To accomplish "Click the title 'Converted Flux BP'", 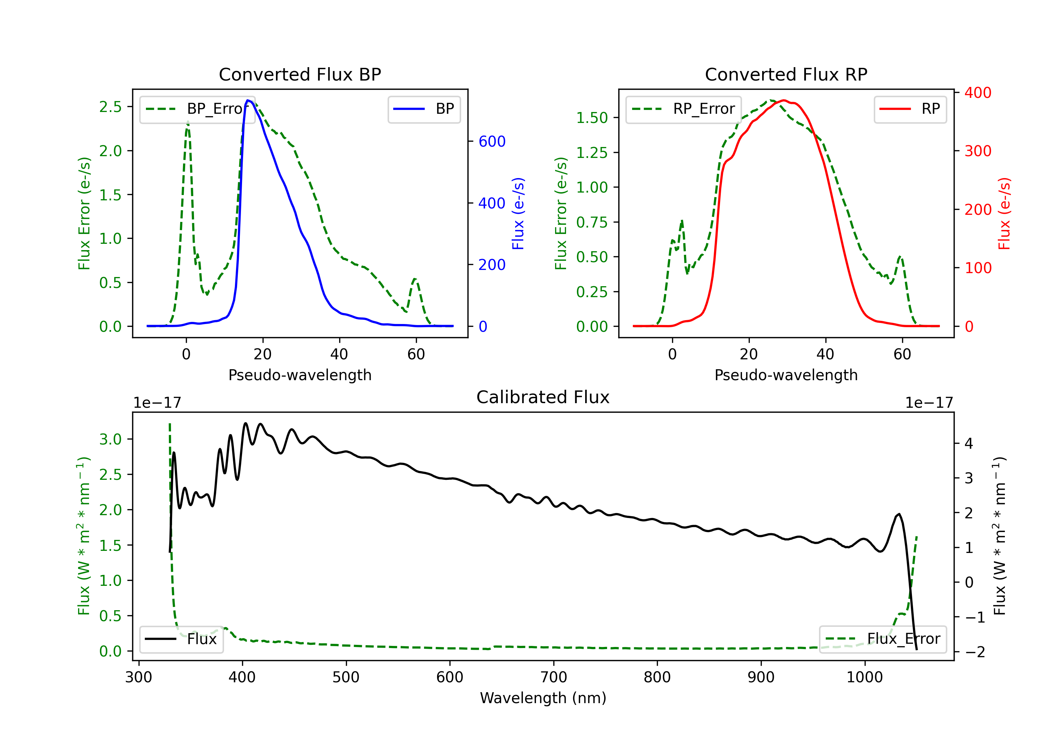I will (300, 74).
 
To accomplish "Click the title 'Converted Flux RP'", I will (786, 74).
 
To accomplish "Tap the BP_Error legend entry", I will (198, 109).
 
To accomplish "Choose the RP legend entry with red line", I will (910, 109).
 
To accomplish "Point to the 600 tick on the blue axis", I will (492, 141).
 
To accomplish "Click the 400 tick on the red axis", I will (978, 93).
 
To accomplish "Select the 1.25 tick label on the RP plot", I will (592, 152).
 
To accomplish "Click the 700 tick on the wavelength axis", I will (553, 677).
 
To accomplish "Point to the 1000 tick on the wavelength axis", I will (864, 677).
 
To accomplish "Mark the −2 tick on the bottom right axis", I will (974, 652).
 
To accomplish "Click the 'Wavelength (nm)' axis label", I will (543, 698).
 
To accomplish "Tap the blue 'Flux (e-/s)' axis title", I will (518, 213).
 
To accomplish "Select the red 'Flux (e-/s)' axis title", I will (1004, 213).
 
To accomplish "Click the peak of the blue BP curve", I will (248, 100).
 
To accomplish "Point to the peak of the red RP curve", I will (784, 100).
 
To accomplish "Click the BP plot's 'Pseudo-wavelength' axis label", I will (300, 375).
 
